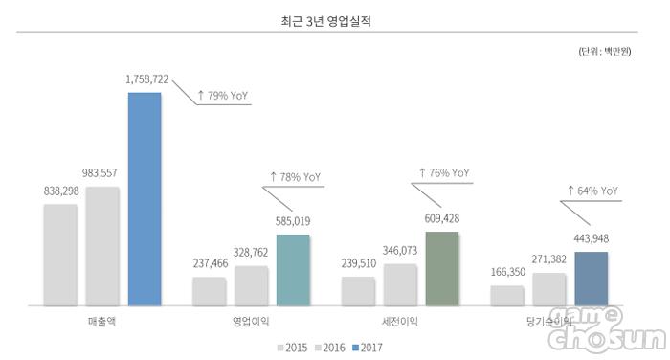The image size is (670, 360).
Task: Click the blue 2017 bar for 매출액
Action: tap(145, 199)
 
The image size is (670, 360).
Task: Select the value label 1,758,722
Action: tap(147, 79)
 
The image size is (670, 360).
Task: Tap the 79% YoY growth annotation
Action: tap(223, 96)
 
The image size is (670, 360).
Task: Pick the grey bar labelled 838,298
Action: tap(60, 255)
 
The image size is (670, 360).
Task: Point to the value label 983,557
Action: tap(100, 173)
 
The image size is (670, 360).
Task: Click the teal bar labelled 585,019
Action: tap(293, 270)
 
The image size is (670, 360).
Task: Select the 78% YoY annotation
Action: tap(295, 177)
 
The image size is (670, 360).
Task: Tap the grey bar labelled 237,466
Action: tap(210, 291)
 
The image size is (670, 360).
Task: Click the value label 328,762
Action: tap(251, 252)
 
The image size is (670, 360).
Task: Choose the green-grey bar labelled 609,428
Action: tap(442, 269)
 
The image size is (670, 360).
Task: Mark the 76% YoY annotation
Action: tap(444, 172)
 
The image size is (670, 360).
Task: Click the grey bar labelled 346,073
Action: tap(400, 284)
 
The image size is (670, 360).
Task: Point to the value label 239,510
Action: tap(359, 263)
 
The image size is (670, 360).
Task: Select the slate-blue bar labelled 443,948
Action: tap(591, 279)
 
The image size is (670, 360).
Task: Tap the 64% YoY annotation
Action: tap(593, 191)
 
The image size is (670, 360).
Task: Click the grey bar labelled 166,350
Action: tap(507, 296)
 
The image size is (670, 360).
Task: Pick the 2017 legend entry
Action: tap(367, 348)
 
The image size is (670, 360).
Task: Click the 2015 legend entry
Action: tap(292, 348)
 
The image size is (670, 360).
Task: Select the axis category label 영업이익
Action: tap(251, 322)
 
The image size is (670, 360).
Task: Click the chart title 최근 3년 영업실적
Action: tap(325, 21)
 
